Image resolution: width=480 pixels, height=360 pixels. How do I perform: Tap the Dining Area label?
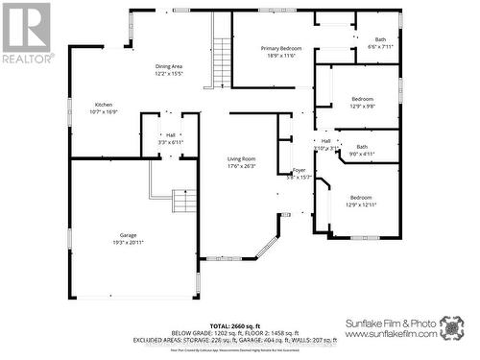click(168, 65)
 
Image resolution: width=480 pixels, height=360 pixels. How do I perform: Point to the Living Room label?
click(241, 158)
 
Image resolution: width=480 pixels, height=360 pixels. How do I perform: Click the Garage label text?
click(129, 233)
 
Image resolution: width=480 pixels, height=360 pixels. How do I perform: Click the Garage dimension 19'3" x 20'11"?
click(129, 242)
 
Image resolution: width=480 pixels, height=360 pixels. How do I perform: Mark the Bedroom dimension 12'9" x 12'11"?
click(361, 204)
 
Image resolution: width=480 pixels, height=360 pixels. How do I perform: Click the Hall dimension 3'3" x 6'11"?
click(170, 143)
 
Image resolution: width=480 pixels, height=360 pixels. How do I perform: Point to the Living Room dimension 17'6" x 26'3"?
click(241, 166)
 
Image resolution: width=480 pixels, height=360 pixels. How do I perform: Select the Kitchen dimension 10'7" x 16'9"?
click(104, 112)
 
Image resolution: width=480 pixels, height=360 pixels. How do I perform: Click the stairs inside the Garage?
click(182, 202)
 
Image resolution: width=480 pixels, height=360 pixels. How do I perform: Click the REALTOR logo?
click(26, 33)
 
